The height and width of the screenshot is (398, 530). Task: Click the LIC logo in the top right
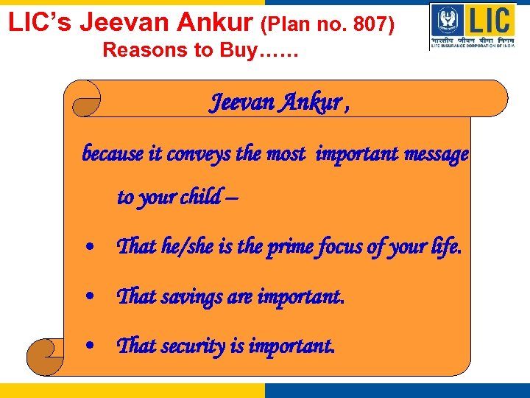click(x=472, y=27)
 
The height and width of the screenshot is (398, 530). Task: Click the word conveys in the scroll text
click(x=207, y=154)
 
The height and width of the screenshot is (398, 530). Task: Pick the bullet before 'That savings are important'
click(x=89, y=297)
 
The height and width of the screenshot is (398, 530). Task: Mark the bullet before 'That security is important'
click(x=89, y=346)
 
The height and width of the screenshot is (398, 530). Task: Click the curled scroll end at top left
click(x=83, y=99)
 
